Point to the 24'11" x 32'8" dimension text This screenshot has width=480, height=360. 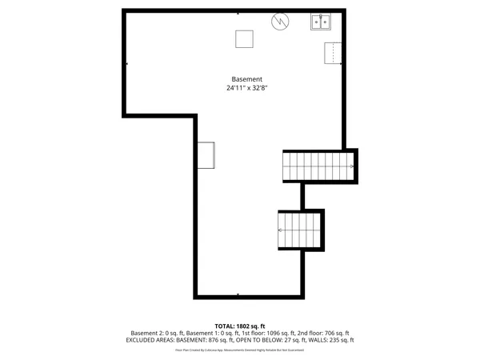coord(246,88)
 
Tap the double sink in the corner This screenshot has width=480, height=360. coord(322,22)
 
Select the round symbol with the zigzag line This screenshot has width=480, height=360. coord(280,22)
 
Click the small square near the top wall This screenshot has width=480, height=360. coord(244,39)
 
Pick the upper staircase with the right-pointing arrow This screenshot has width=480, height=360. coord(318,166)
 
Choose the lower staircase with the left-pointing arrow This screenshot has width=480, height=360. coord(299,230)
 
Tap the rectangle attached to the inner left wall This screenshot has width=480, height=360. coord(207,155)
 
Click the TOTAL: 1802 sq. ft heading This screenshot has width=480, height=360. coord(240,326)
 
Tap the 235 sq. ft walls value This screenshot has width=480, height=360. coord(342,340)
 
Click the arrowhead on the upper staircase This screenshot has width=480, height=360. coord(352,166)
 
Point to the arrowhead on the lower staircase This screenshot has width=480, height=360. coord(279,230)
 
